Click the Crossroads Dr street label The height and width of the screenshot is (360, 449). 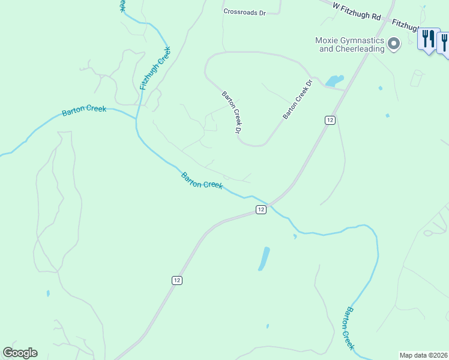(x=244, y=11)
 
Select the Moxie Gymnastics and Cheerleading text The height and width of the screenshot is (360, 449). (x=349, y=45)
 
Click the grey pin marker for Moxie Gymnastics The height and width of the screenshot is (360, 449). (x=394, y=43)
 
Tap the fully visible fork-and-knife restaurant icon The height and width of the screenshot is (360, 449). (x=428, y=40)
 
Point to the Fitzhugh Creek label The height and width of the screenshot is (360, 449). (x=155, y=69)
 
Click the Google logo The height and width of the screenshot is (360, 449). (x=20, y=353)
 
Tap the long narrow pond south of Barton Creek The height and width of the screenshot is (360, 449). (x=264, y=259)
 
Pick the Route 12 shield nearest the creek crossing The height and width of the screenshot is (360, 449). (x=261, y=209)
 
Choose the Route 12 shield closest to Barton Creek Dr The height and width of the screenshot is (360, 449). (x=330, y=120)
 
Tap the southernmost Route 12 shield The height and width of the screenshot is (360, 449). (x=176, y=280)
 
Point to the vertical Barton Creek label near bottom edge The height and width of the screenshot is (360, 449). (x=348, y=328)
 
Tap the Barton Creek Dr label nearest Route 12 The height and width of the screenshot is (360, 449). (x=298, y=99)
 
